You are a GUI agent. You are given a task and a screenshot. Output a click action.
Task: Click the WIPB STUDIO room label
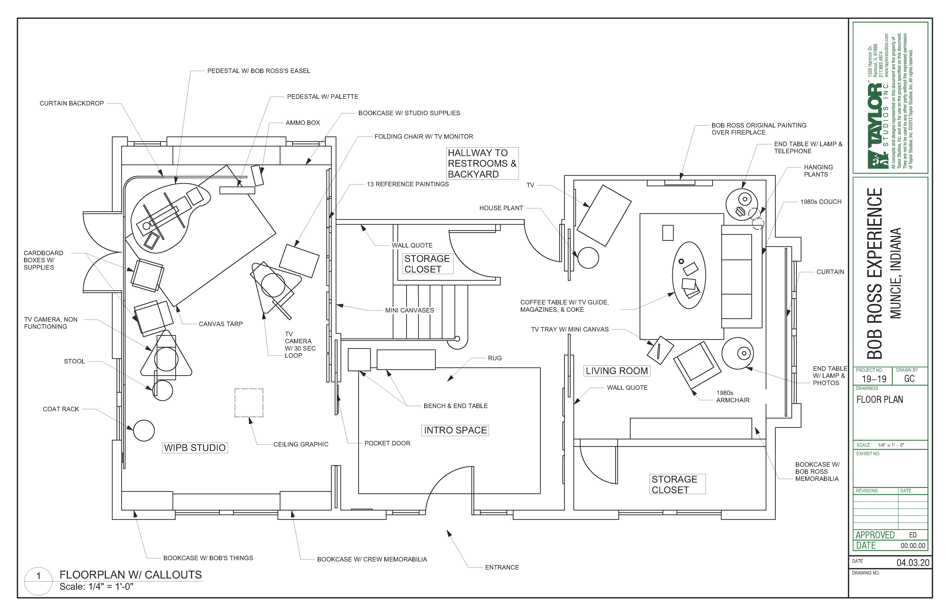[195, 448]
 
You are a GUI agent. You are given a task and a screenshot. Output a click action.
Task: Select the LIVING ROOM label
[616, 371]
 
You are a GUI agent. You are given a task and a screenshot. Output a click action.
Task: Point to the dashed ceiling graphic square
[249, 403]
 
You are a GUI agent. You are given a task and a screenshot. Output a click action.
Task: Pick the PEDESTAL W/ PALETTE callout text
[322, 96]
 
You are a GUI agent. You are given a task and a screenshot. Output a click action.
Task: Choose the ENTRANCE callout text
[502, 567]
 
